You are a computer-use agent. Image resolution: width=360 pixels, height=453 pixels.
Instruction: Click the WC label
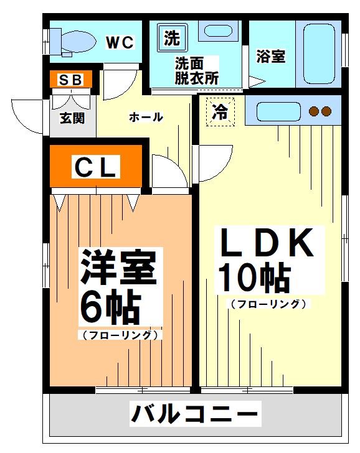(120, 42)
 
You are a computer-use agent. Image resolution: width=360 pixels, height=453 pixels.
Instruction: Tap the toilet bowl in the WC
(78, 42)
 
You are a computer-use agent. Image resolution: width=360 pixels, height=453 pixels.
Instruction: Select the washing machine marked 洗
(173, 37)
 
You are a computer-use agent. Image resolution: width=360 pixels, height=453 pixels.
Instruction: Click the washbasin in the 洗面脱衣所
(219, 30)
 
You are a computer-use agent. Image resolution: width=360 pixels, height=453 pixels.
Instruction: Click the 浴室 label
(271, 57)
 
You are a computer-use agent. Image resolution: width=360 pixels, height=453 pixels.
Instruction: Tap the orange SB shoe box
(71, 79)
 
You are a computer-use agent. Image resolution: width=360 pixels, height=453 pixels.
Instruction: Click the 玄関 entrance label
(72, 118)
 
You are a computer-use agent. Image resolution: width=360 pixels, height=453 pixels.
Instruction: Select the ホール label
(146, 117)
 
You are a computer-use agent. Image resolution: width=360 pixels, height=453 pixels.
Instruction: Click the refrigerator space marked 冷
(220, 112)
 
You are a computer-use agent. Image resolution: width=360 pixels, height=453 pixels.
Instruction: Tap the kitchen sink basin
(278, 111)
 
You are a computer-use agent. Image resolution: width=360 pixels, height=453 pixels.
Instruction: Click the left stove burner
(314, 111)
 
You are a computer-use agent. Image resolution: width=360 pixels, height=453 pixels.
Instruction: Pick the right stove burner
(326, 111)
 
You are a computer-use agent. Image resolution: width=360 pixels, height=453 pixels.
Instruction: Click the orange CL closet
(96, 166)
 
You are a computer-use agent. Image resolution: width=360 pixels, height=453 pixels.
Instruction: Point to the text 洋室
(118, 267)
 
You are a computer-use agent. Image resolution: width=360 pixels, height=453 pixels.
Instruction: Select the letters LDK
(267, 243)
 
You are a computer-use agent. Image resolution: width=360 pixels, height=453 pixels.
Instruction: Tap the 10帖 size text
(255, 277)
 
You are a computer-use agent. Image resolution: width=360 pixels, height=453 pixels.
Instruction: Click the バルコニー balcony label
(195, 414)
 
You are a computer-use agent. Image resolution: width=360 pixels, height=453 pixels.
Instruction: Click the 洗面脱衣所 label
(197, 71)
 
